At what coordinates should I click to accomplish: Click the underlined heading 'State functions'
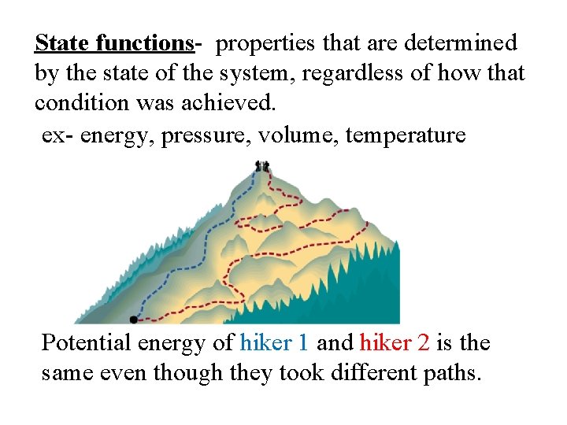(113, 42)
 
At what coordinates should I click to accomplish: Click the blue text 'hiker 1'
(274, 343)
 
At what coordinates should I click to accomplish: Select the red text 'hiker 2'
(395, 343)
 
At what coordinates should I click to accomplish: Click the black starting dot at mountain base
(133, 320)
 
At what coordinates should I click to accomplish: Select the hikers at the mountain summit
(262, 166)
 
